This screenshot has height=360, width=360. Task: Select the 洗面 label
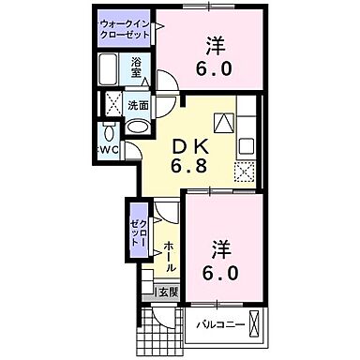click(139, 105)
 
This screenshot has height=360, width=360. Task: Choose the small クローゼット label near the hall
click(138, 227)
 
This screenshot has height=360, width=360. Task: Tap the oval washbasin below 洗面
click(137, 127)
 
